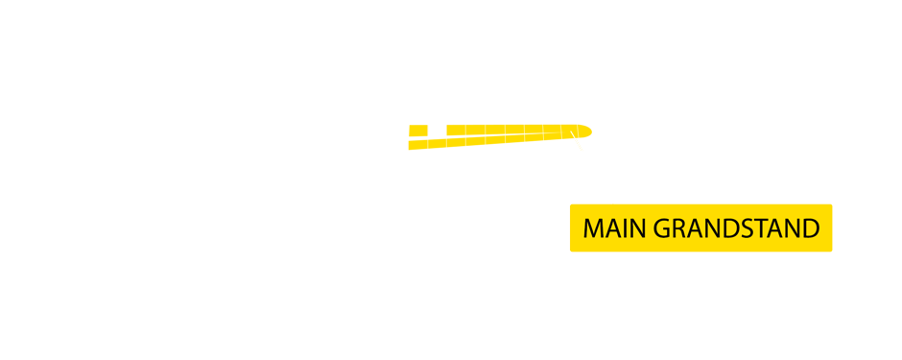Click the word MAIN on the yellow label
click(614, 228)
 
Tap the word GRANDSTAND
click(736, 228)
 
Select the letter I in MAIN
click(625, 228)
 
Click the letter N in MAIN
click(637, 228)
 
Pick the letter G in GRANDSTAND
click(663, 228)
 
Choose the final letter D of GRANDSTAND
click(809, 228)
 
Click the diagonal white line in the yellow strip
click(577, 140)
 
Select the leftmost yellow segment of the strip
click(416, 137)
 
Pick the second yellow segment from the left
click(437, 137)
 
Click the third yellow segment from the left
click(456, 137)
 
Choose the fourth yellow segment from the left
click(475, 137)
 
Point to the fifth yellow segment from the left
click(495, 137)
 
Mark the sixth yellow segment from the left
click(514, 137)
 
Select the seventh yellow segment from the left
click(534, 137)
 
